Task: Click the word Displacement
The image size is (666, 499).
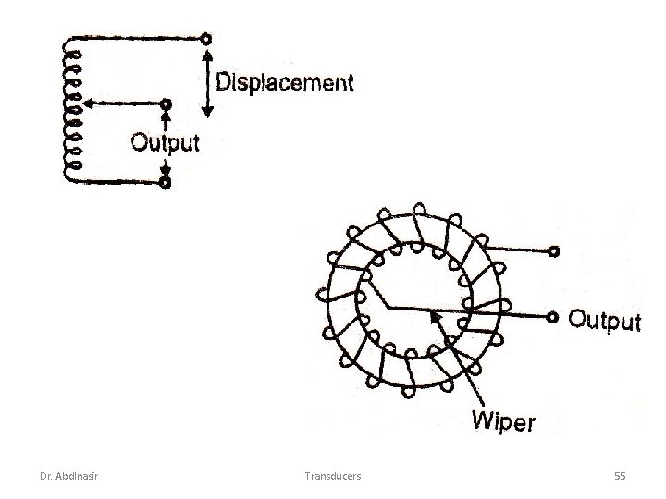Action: (x=284, y=82)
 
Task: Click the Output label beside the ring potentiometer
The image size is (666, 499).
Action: (x=603, y=321)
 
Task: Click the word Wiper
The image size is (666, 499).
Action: (x=503, y=422)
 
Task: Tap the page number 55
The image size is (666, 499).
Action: (x=620, y=475)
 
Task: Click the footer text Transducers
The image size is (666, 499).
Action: (x=333, y=475)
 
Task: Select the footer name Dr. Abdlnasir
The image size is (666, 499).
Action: (x=70, y=475)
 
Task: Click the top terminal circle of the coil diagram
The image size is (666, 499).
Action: (x=205, y=39)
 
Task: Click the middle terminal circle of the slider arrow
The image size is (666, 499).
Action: (x=166, y=103)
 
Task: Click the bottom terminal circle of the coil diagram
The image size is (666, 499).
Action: (x=165, y=183)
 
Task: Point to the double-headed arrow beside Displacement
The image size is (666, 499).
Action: (x=207, y=83)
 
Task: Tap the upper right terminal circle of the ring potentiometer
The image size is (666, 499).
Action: (x=553, y=250)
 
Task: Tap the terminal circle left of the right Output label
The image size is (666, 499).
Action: (x=553, y=317)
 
